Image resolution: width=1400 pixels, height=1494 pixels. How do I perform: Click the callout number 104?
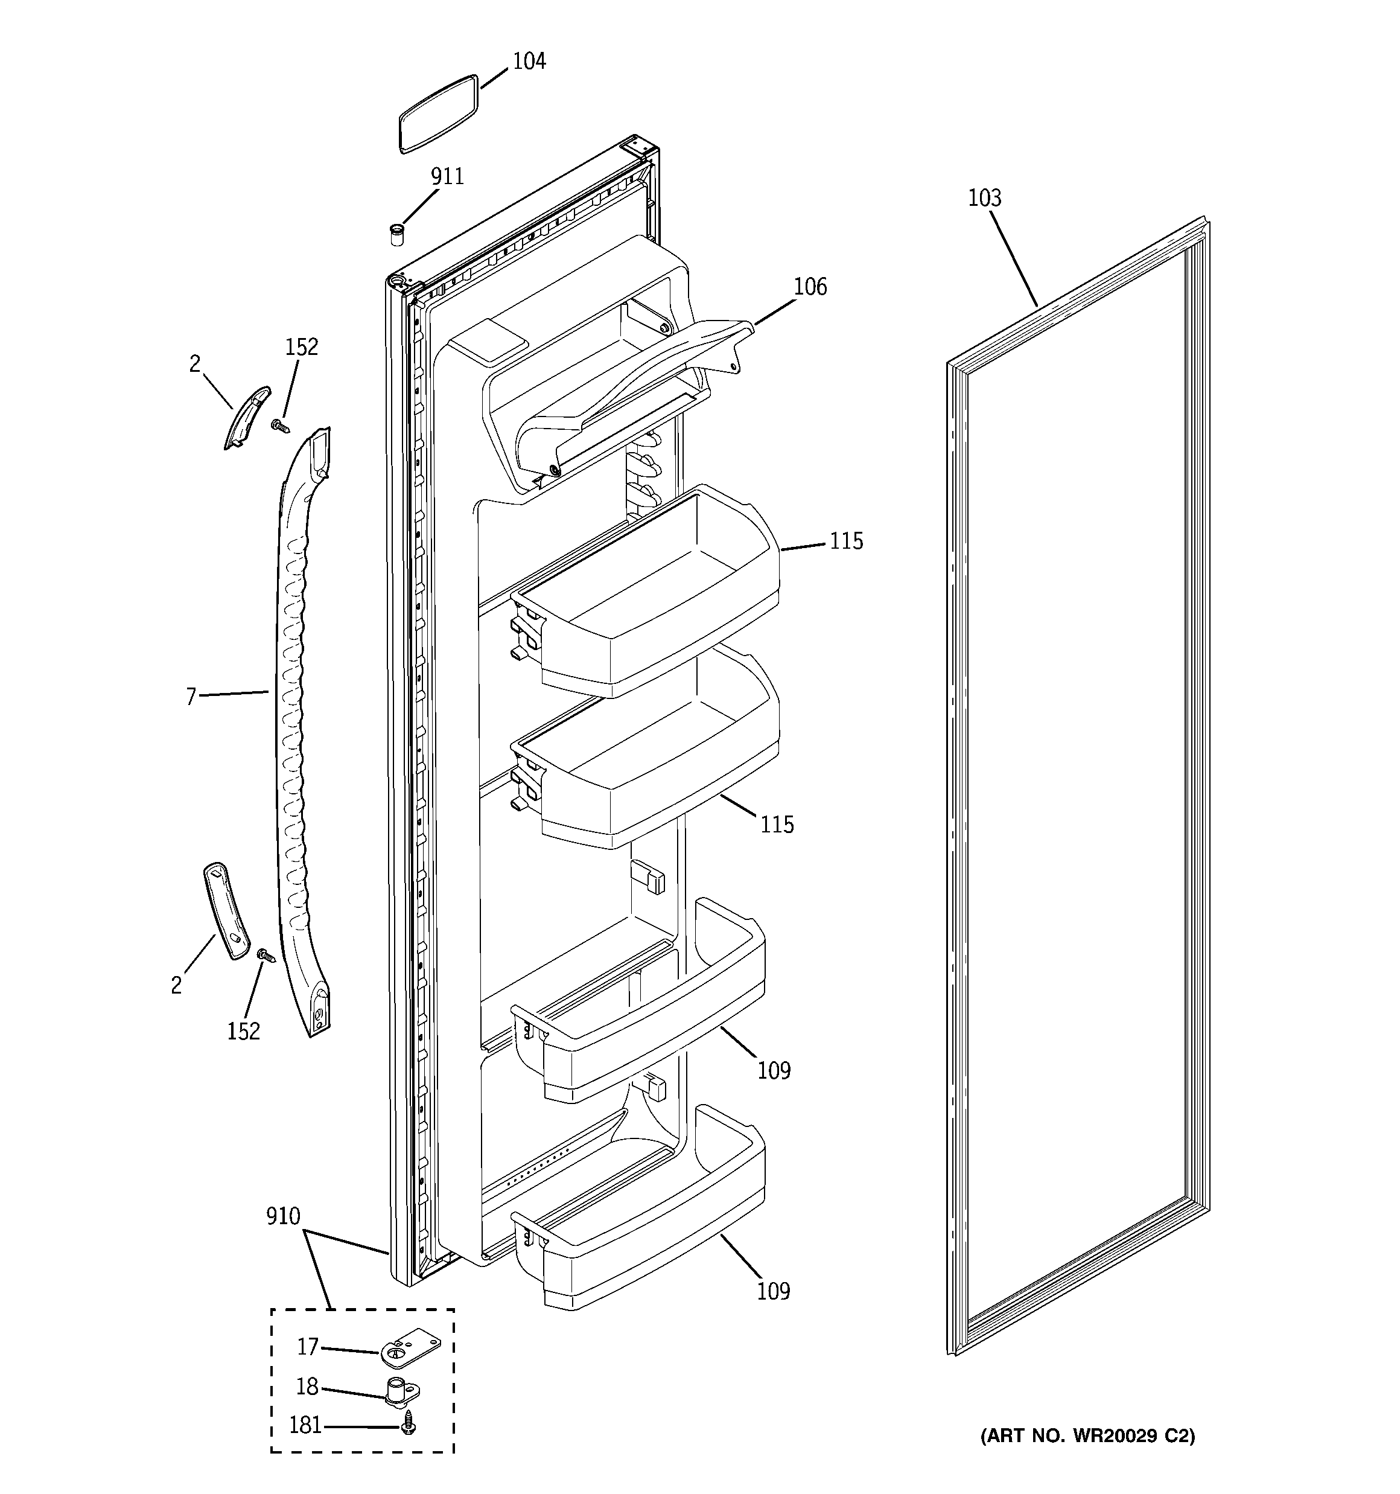(529, 62)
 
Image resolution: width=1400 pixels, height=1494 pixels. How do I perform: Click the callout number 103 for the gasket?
(984, 199)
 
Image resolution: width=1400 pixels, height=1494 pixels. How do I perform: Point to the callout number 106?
(810, 287)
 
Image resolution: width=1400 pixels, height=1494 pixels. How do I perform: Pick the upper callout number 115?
(846, 541)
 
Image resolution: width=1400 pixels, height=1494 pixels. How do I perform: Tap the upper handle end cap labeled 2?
(247, 417)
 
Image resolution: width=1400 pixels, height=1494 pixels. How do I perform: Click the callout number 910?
(282, 1216)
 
